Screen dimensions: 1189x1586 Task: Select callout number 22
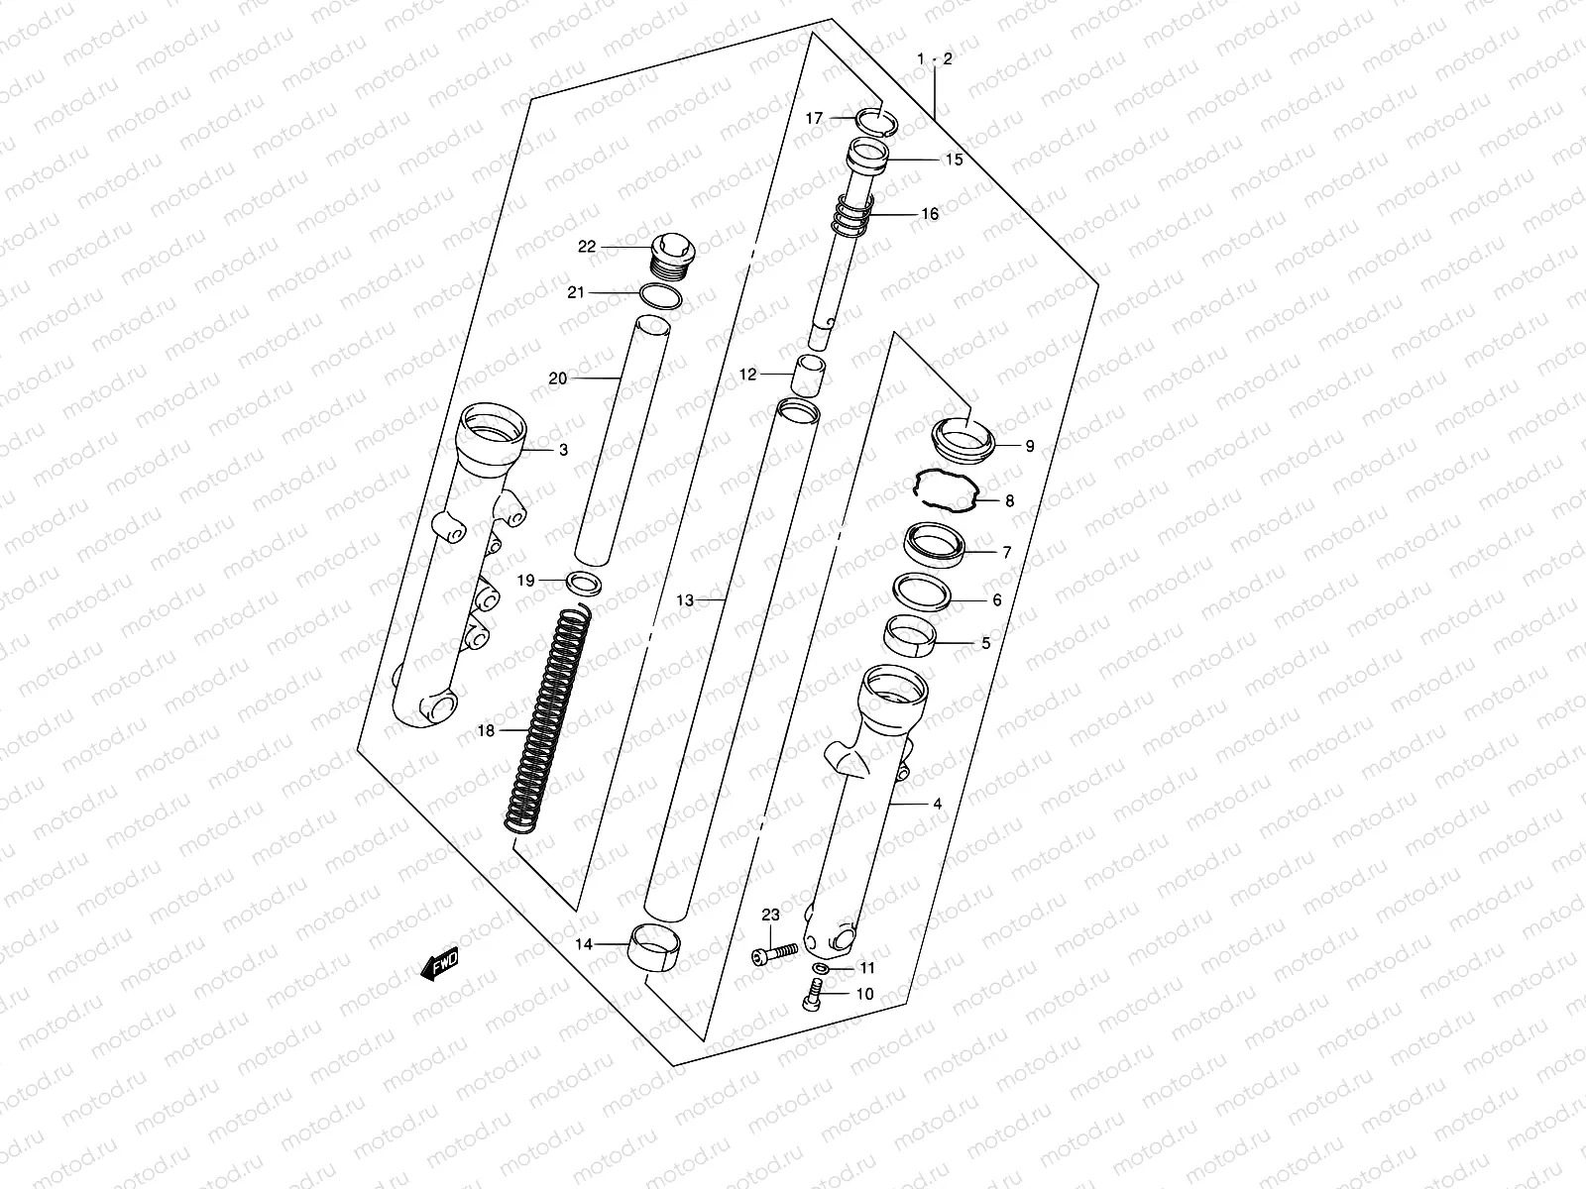[587, 247]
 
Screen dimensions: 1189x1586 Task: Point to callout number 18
[486, 731]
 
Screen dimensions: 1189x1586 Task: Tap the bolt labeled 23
[776, 954]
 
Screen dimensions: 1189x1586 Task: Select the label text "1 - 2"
[935, 60]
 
